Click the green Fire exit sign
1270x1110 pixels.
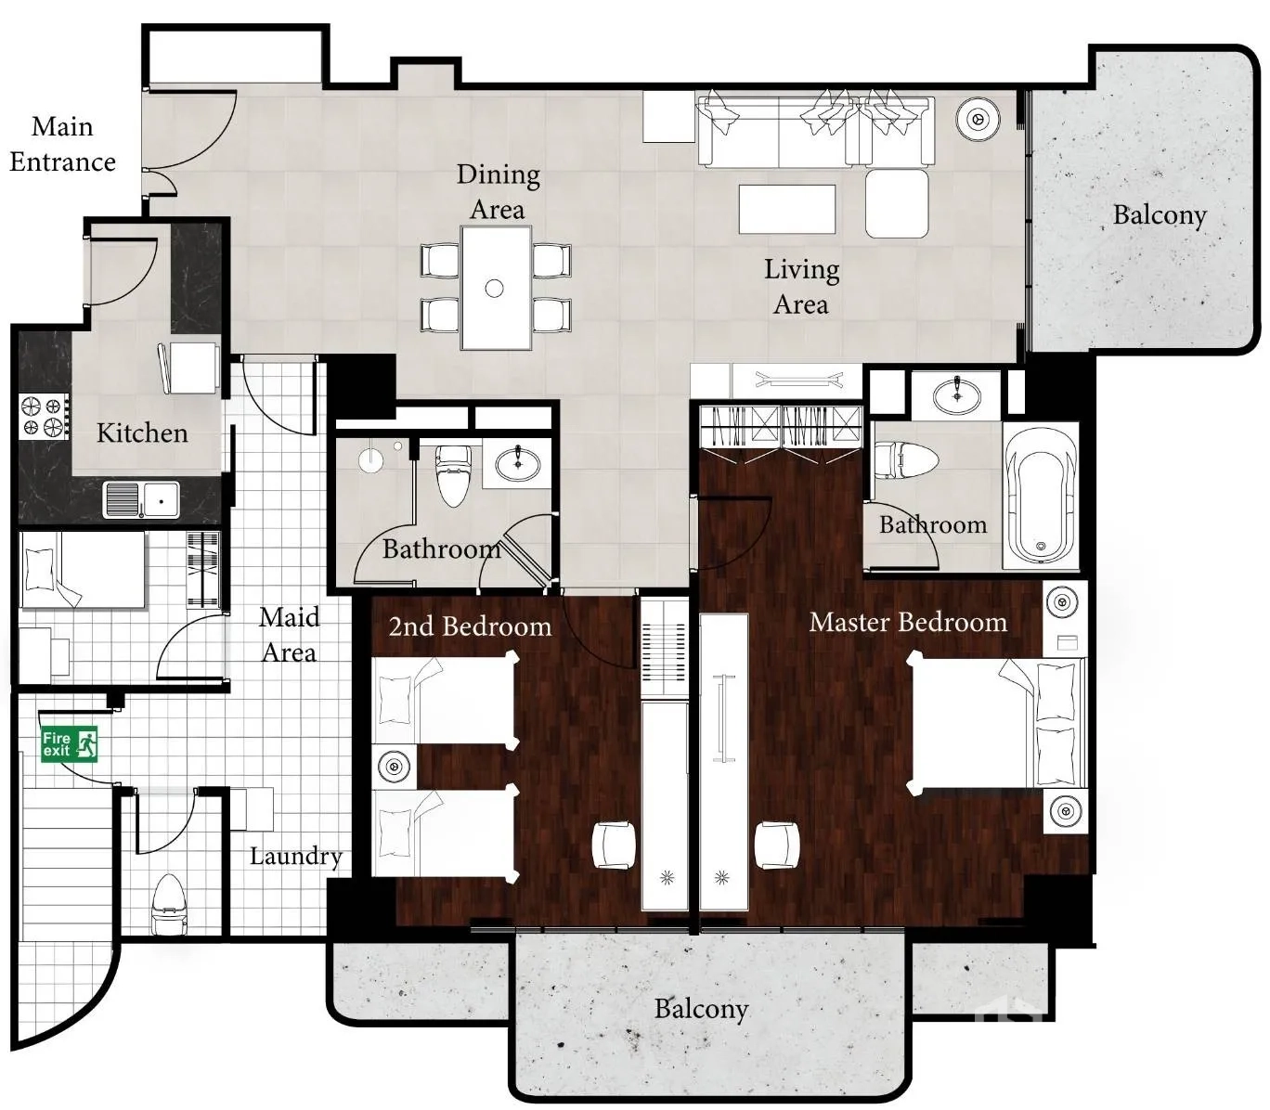70,743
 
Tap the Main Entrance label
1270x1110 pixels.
63,145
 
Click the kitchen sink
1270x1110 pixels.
141,499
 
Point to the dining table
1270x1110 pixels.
496,288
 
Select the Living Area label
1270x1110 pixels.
801,287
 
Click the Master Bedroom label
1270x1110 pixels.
908,622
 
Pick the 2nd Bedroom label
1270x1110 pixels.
470,626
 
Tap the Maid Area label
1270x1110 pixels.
290,634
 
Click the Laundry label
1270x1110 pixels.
296,857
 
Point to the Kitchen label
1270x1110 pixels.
142,432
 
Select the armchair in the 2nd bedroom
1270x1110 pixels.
614,844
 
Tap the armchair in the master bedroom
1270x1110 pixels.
776,844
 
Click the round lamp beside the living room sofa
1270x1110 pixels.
978,119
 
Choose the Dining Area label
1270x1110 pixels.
498,192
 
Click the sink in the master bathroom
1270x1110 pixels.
957,393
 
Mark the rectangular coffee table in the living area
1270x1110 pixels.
787,209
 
